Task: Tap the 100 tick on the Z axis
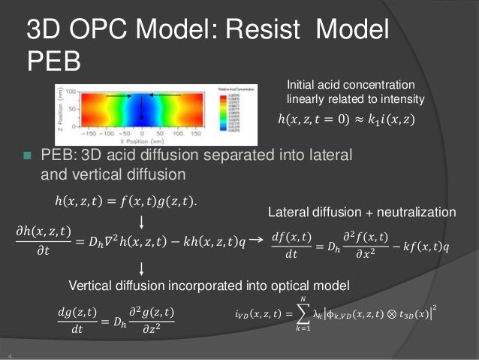pos(71,91)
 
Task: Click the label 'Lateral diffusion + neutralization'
pos(362,214)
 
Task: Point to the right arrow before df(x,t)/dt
pos(255,240)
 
